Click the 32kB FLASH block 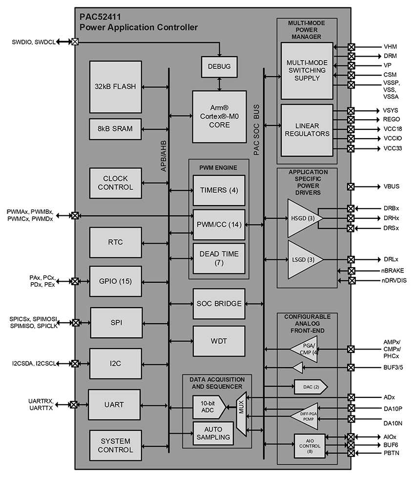point(116,87)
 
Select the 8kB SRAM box point(116,129)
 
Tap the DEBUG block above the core point(219,66)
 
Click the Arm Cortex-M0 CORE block point(219,117)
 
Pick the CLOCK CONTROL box point(116,183)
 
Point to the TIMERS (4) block point(219,190)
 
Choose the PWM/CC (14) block point(219,225)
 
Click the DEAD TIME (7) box point(219,258)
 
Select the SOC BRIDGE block point(219,304)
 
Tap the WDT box point(219,341)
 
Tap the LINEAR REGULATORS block point(307,130)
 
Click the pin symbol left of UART point(74,404)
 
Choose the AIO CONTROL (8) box point(310,446)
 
